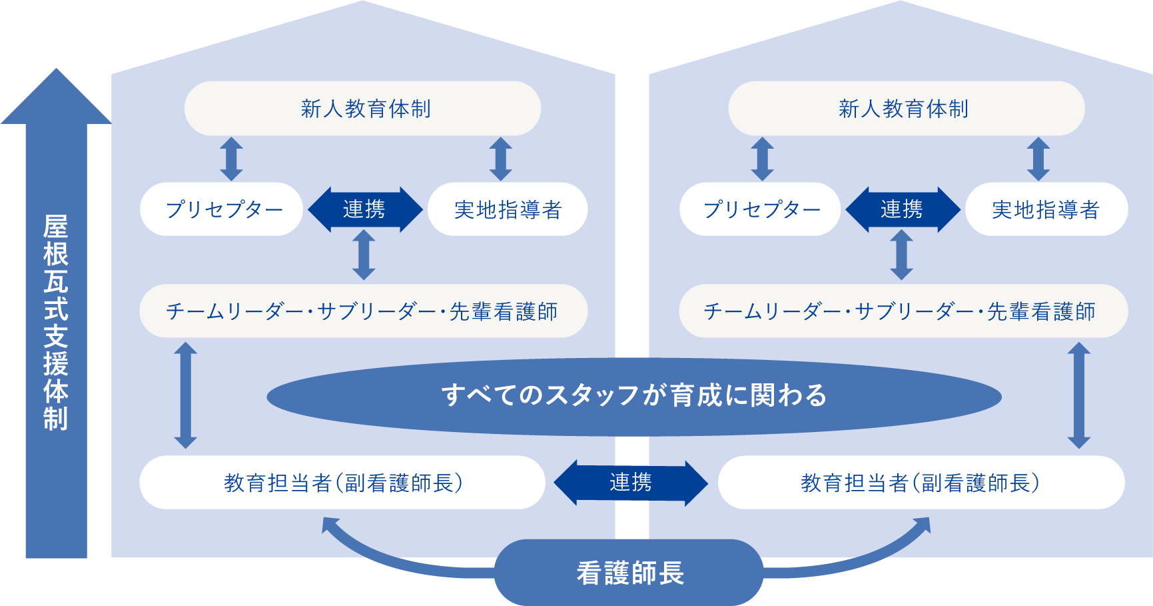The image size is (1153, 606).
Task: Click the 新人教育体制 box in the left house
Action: pos(362,109)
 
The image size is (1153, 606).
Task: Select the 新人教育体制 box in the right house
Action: pos(906,109)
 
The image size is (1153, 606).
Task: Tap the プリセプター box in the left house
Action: pos(222,209)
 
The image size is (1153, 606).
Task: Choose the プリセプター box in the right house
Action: pos(760,209)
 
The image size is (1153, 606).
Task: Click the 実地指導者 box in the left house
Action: pos(508,209)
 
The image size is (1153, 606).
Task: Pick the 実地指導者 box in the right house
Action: pos(1046,209)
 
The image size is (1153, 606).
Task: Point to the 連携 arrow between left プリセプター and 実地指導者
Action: pos(364,209)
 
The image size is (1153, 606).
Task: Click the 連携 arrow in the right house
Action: pos(902,209)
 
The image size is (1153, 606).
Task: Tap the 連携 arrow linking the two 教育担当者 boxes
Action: pos(631,482)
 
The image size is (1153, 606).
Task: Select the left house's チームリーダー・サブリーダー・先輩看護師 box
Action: pos(363,311)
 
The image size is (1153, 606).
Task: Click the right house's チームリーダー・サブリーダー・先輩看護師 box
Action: pos(903,311)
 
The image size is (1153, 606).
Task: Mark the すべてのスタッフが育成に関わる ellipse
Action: pos(633,396)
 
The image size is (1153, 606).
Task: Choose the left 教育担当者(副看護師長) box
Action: pos(342,483)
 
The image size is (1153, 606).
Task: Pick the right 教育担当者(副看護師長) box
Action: pos(921,483)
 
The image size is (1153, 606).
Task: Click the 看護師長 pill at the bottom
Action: pos(629,573)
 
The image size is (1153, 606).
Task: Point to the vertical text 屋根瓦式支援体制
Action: pos(56,323)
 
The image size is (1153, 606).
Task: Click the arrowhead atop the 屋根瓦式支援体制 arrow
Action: pos(56,97)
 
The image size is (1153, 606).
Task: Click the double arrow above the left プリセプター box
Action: pos(231,159)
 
